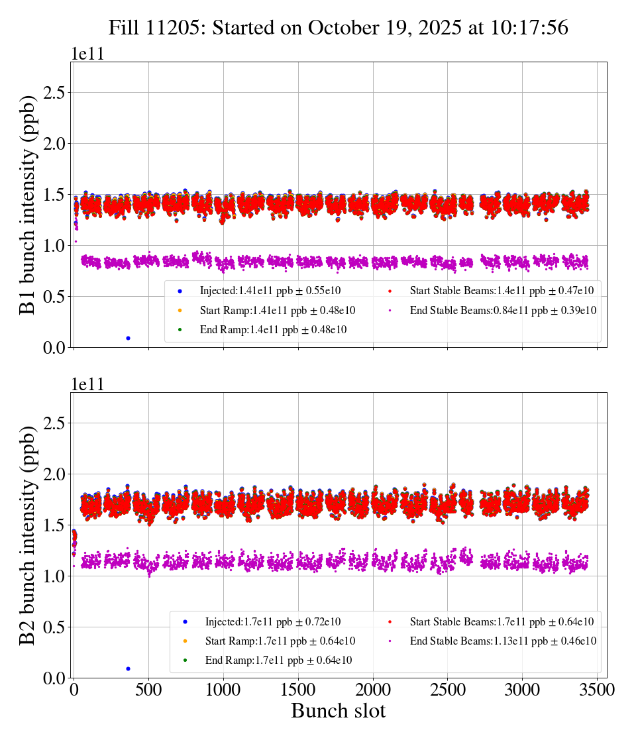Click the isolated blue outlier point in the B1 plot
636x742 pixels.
coord(128,338)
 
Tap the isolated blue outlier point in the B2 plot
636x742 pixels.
coord(128,668)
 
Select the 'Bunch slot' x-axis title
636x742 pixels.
coord(338,712)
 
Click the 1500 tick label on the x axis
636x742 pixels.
coord(298,690)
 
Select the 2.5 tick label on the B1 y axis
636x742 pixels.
coord(56,93)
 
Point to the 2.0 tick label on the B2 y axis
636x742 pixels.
coord(56,474)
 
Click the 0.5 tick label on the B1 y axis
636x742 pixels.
coord(56,297)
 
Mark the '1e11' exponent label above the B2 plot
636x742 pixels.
coord(88,384)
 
